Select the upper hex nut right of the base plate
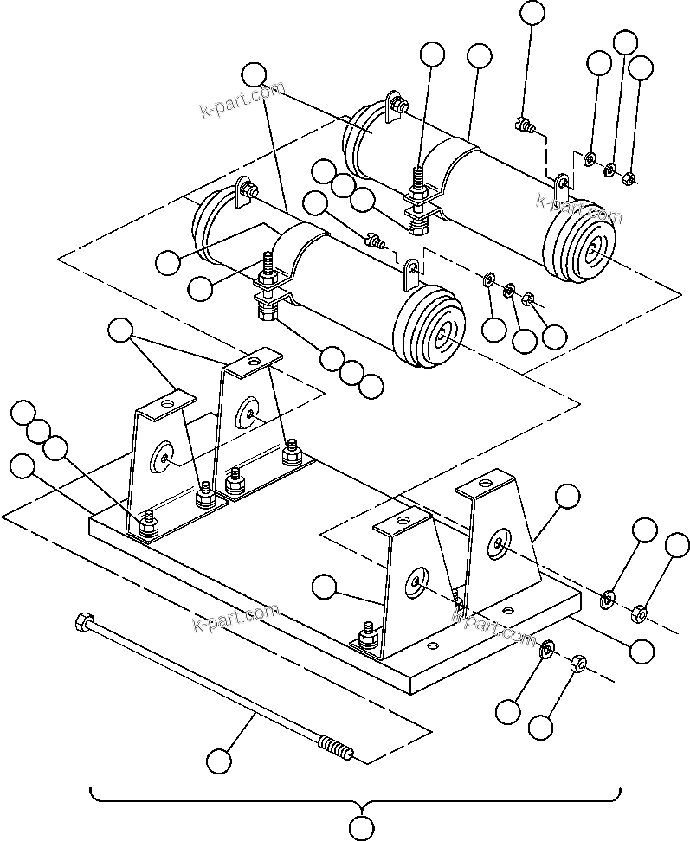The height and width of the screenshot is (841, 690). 642,613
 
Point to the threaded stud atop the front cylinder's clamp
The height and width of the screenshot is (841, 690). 267,264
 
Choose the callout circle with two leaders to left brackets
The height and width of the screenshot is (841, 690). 120,329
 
